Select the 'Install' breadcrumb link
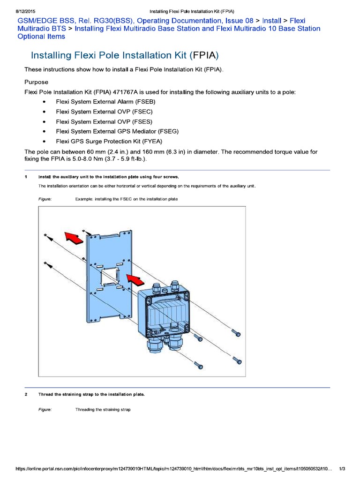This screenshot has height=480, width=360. (x=272, y=21)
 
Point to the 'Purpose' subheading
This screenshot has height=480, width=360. (x=36, y=82)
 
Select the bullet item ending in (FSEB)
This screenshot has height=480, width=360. (x=105, y=102)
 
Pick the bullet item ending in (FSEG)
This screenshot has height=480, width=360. (x=117, y=131)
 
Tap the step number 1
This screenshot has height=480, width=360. (x=26, y=177)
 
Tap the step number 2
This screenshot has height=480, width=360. (x=26, y=394)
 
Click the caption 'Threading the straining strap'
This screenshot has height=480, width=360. (x=103, y=410)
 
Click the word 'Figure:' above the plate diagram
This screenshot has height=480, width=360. (x=45, y=199)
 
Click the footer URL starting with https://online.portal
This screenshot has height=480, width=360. (x=173, y=469)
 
